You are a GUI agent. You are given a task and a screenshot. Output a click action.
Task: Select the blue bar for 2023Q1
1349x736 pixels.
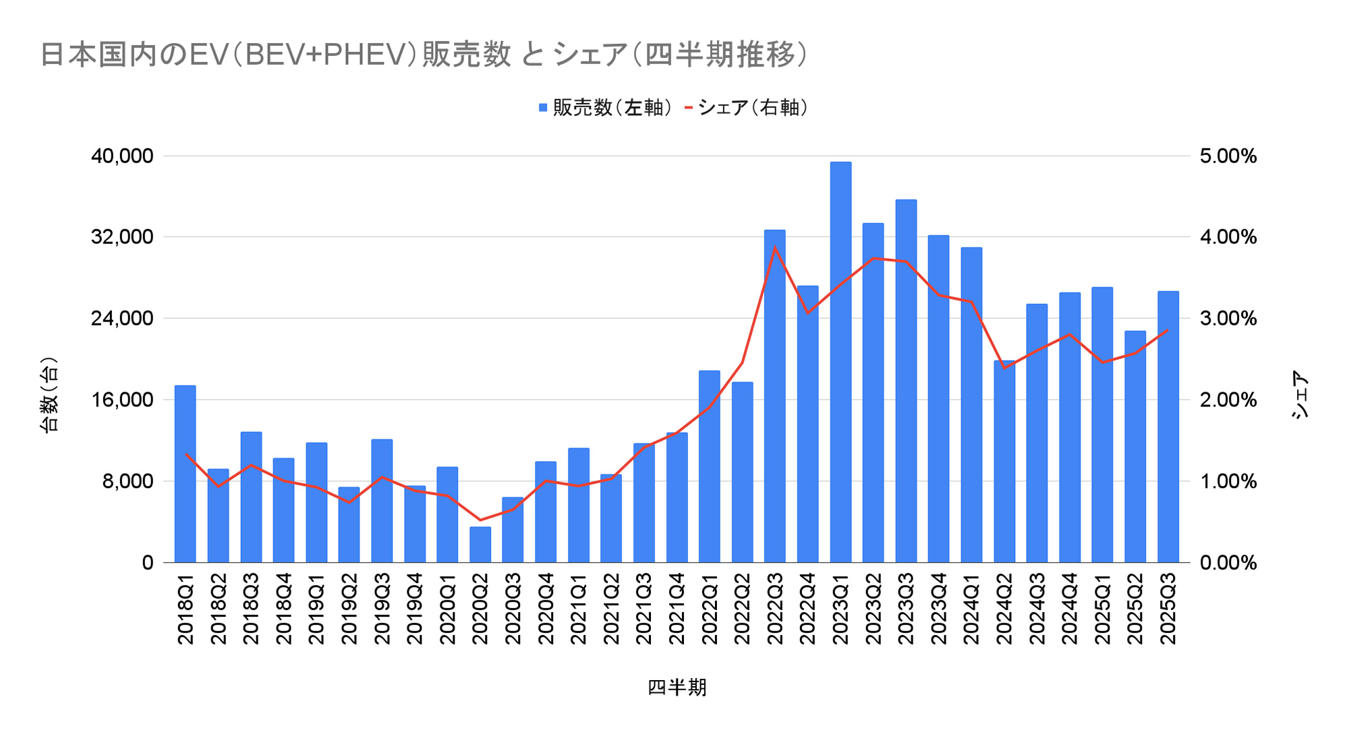coord(840,364)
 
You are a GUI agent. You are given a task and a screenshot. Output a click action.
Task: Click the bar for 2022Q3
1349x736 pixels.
coord(775,398)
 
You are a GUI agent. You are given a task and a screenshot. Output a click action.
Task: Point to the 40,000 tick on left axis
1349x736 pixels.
coord(122,156)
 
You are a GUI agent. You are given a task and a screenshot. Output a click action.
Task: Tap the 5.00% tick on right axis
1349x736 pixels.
coord(1228,156)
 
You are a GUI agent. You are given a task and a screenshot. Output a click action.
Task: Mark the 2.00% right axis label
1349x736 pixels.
coord(1228,400)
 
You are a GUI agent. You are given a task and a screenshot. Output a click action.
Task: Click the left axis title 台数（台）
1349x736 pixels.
coord(50,395)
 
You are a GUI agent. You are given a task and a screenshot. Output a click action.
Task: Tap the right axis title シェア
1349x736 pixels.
coord(1300,395)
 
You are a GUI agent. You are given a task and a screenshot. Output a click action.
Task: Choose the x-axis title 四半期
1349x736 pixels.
coord(677,687)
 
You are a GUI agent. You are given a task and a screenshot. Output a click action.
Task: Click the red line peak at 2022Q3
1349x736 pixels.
coord(775,247)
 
